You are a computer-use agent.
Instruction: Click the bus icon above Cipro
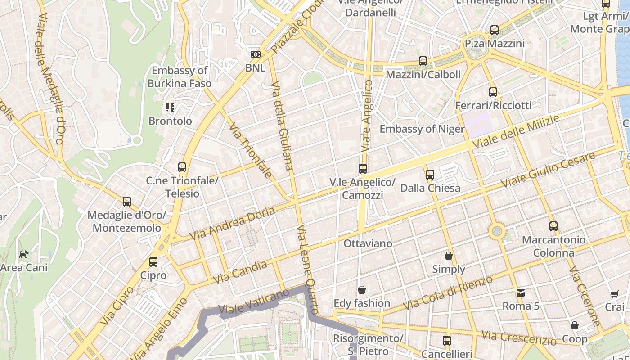(153, 261)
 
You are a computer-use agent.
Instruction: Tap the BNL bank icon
(255, 54)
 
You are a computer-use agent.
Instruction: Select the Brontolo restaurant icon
(170, 108)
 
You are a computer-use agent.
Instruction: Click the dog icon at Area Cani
(23, 254)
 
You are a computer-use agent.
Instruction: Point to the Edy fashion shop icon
(362, 290)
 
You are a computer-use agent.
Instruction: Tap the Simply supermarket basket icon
(449, 256)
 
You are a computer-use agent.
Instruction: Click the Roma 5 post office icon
(521, 293)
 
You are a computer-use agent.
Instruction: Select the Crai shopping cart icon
(615, 294)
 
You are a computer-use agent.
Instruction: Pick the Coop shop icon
(575, 325)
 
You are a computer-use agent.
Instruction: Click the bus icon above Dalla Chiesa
(430, 174)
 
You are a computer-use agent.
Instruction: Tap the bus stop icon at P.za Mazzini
(495, 30)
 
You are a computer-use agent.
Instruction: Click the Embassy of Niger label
(422, 129)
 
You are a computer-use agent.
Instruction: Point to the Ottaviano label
(368, 243)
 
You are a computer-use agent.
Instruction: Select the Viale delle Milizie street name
(516, 132)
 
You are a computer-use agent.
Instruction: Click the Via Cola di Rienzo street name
(448, 293)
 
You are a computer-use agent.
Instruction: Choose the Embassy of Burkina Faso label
(180, 77)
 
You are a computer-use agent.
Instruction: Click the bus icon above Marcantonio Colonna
(553, 226)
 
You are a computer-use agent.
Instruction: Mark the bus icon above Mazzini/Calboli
(423, 61)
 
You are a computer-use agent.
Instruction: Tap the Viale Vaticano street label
(253, 301)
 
